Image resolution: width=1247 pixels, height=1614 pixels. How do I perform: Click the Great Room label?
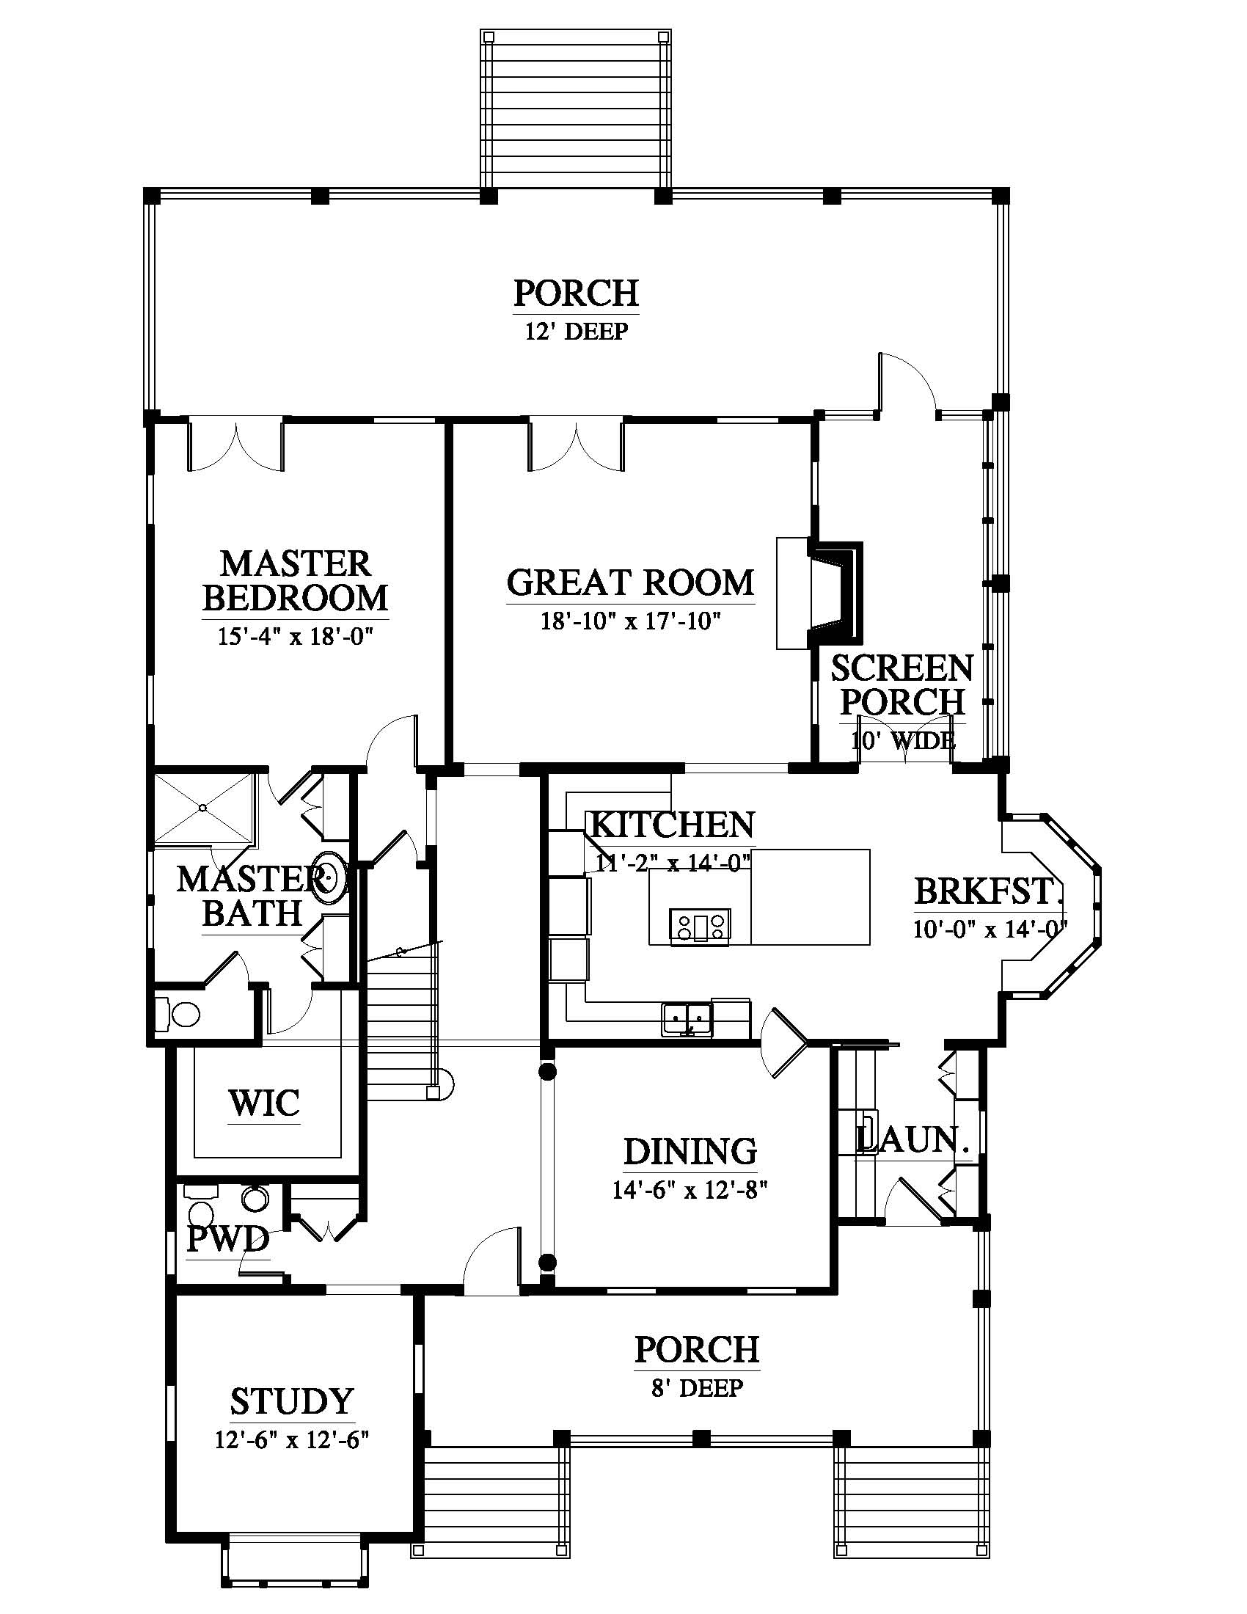630,583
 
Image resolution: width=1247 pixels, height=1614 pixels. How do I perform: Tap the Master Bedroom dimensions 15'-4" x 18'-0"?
295,636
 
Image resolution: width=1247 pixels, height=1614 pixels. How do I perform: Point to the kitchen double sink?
687,1020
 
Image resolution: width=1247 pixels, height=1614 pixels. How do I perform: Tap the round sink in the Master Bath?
328,877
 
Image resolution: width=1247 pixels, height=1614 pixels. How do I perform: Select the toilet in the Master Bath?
179,1014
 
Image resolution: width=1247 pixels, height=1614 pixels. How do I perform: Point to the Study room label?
293,1401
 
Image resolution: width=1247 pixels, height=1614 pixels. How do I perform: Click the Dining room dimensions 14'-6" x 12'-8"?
690,1191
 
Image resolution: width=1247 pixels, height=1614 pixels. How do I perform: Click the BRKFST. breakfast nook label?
990,891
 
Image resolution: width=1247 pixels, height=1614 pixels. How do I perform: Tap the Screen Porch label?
903,685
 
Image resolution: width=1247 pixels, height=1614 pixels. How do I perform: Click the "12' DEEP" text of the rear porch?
577,331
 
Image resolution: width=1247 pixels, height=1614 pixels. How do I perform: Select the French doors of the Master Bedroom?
236,445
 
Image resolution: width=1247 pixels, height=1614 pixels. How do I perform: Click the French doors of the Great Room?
577,445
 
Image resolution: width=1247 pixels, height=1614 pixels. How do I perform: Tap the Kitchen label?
671,825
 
